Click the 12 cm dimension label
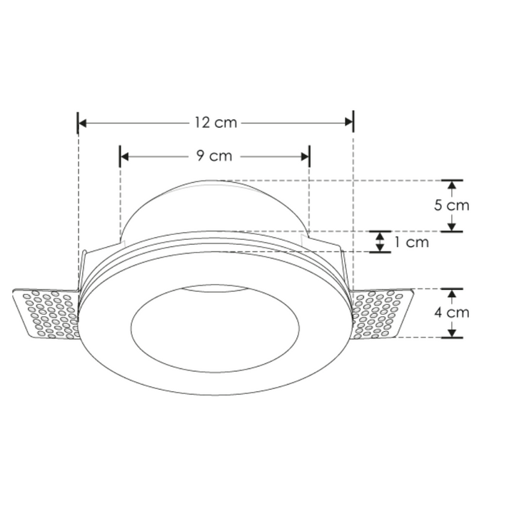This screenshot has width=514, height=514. [x=215, y=123]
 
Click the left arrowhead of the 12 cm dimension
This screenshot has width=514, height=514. [x=82, y=123]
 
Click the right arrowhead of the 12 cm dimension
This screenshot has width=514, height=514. [x=348, y=123]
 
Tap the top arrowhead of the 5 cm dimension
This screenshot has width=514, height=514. [x=451, y=185]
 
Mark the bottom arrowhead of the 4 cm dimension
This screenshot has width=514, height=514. [x=451, y=332]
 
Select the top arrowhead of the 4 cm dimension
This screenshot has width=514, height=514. [x=451, y=293]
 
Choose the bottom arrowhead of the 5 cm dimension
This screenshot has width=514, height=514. [x=451, y=226]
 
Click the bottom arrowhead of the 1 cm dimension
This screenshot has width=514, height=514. [x=380, y=248]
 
